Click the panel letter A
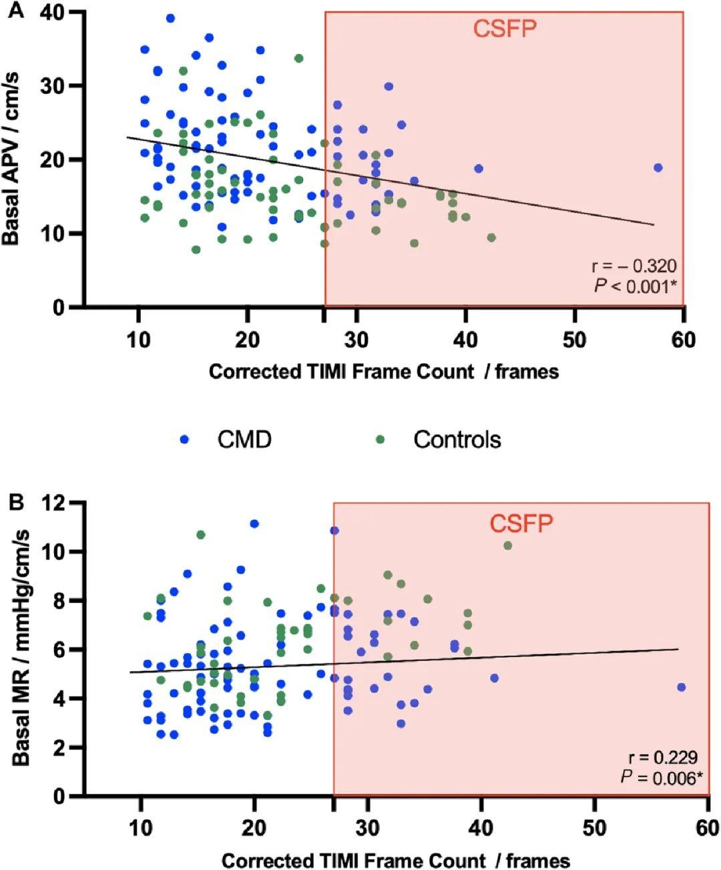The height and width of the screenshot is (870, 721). (15, 11)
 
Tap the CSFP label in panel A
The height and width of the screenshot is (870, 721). (505, 29)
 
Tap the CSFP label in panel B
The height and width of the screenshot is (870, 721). (521, 524)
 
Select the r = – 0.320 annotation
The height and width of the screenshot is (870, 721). (634, 267)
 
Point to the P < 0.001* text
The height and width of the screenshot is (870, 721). (635, 286)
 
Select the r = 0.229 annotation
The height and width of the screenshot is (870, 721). (663, 757)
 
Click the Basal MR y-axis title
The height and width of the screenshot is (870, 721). (21, 647)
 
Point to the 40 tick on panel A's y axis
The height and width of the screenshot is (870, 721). (57, 13)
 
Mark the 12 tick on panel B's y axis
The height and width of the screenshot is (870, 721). (57, 502)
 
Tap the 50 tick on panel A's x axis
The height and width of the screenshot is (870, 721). (574, 340)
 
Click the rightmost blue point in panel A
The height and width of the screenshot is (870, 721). (658, 167)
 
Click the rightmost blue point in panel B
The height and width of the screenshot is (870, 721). (681, 687)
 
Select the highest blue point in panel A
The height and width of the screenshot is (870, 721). (170, 18)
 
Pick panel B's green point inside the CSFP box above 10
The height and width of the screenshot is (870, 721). (507, 545)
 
